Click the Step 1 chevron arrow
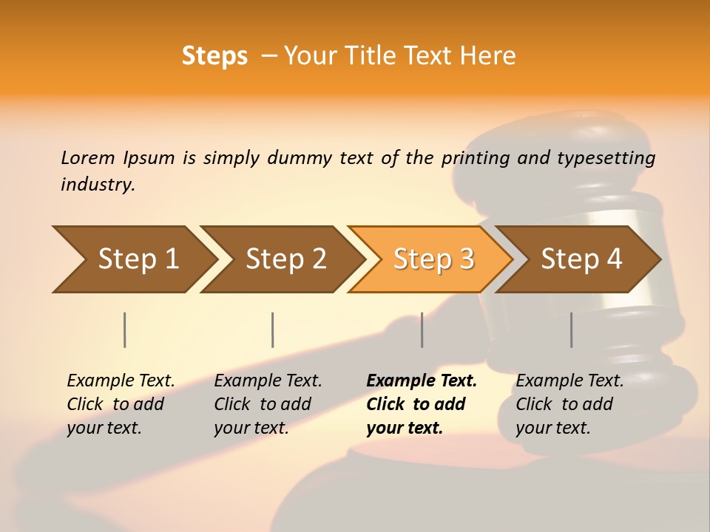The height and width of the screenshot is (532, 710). click(133, 259)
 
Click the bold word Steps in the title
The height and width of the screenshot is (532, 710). click(214, 55)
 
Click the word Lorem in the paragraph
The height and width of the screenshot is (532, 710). click(87, 157)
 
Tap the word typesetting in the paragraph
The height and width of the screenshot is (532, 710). click(606, 158)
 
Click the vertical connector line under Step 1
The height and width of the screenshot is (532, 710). click(125, 330)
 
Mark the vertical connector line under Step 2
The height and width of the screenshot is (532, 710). click(273, 330)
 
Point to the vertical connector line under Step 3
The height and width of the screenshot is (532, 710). click(422, 330)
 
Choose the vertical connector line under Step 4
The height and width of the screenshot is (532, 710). click(572, 330)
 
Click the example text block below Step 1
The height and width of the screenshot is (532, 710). click(121, 404)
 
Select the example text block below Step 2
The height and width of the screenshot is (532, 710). click(268, 404)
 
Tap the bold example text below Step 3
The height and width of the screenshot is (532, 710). click(421, 404)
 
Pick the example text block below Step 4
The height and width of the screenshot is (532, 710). click(569, 404)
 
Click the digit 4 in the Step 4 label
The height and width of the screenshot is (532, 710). click(614, 259)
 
